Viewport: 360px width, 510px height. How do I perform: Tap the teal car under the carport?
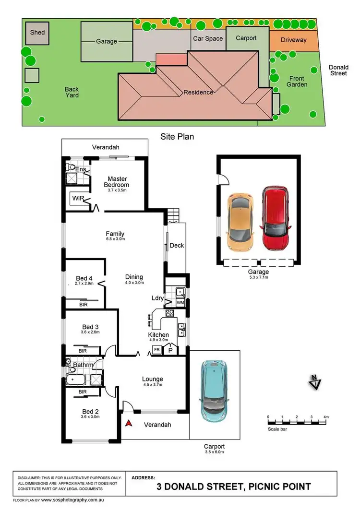pos(215,388)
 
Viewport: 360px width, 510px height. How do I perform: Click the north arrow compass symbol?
pos(315,382)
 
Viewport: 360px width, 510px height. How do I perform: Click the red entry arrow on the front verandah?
pos(129,423)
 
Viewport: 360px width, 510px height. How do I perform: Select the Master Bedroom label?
pos(117,182)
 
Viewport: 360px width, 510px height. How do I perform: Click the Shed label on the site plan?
pos(37,33)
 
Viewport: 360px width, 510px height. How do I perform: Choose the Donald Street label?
pos(338,71)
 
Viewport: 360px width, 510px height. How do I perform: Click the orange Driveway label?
pos(293,40)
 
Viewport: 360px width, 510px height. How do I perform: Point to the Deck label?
pos(177,246)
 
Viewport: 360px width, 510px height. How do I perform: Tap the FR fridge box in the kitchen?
pos(157,350)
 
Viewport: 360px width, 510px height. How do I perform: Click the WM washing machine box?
pos(180,303)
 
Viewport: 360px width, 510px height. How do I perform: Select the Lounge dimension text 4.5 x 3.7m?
pos(153,385)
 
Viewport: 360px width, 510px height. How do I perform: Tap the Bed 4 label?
pos(84,278)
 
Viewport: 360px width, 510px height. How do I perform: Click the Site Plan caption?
pos(177,137)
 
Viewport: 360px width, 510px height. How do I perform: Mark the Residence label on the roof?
pos(197,92)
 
